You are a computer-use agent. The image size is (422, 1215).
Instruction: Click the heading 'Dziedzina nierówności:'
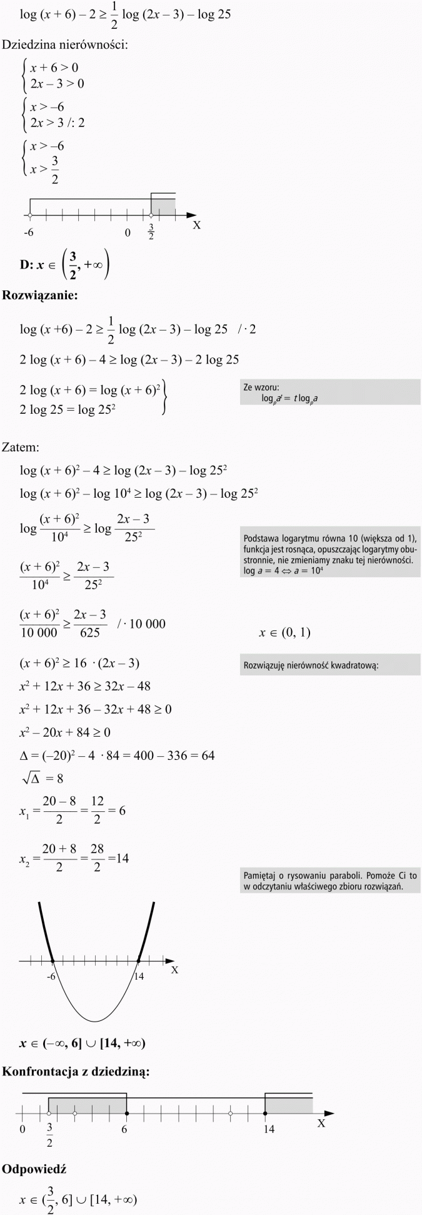click(66, 45)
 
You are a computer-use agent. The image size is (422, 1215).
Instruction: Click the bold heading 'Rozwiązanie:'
click(40, 295)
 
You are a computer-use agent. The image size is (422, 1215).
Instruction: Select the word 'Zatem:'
click(21, 448)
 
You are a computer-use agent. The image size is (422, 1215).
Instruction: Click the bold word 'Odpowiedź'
click(34, 1169)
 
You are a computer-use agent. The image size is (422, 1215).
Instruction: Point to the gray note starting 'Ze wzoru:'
click(330, 392)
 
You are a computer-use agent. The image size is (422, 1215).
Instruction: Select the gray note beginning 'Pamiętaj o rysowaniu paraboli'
click(330, 881)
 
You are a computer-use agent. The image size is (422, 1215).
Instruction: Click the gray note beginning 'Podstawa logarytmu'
click(330, 554)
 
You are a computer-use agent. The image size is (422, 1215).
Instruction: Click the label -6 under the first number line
click(28, 233)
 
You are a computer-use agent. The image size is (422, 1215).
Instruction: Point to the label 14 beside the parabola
click(139, 976)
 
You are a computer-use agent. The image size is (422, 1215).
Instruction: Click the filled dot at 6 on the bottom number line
click(126, 1114)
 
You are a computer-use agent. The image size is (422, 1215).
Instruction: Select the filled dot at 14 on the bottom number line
click(266, 1114)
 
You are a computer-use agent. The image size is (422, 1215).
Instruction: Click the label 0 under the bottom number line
click(23, 1129)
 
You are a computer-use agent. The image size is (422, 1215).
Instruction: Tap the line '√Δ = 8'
click(42, 779)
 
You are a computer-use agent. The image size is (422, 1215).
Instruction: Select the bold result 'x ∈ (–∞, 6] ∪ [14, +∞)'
click(83, 1043)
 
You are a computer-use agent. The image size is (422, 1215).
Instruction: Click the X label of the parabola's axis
click(175, 970)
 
